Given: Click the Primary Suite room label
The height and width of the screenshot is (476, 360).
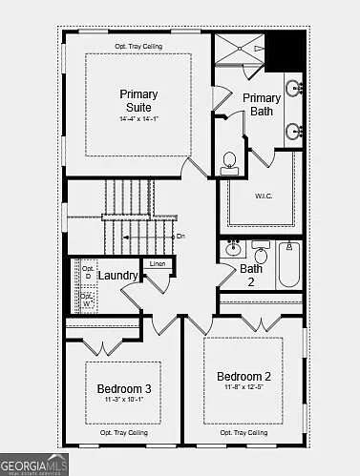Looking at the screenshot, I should [x=138, y=100].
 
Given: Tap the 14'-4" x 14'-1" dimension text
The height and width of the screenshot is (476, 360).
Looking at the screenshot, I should [x=138, y=119].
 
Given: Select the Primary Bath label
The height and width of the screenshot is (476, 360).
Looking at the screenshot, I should [x=262, y=105].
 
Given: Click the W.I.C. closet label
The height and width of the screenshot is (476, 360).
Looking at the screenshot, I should [x=265, y=196].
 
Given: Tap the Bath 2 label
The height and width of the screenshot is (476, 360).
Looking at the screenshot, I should [x=250, y=275].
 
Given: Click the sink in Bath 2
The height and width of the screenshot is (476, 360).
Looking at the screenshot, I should [x=233, y=251].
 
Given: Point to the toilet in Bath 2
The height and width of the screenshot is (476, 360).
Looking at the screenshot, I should [x=261, y=254].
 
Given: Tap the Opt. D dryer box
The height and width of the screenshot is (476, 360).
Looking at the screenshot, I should [x=87, y=273].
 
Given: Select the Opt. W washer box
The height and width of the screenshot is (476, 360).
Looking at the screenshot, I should [x=87, y=299].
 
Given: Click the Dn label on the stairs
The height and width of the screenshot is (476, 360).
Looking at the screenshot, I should [x=181, y=236].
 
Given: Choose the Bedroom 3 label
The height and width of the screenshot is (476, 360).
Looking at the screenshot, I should [x=123, y=388].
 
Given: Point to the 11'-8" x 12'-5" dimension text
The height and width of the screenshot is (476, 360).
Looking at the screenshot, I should [x=243, y=386].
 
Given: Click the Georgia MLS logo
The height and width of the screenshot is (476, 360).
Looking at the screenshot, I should [x=34, y=465].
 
